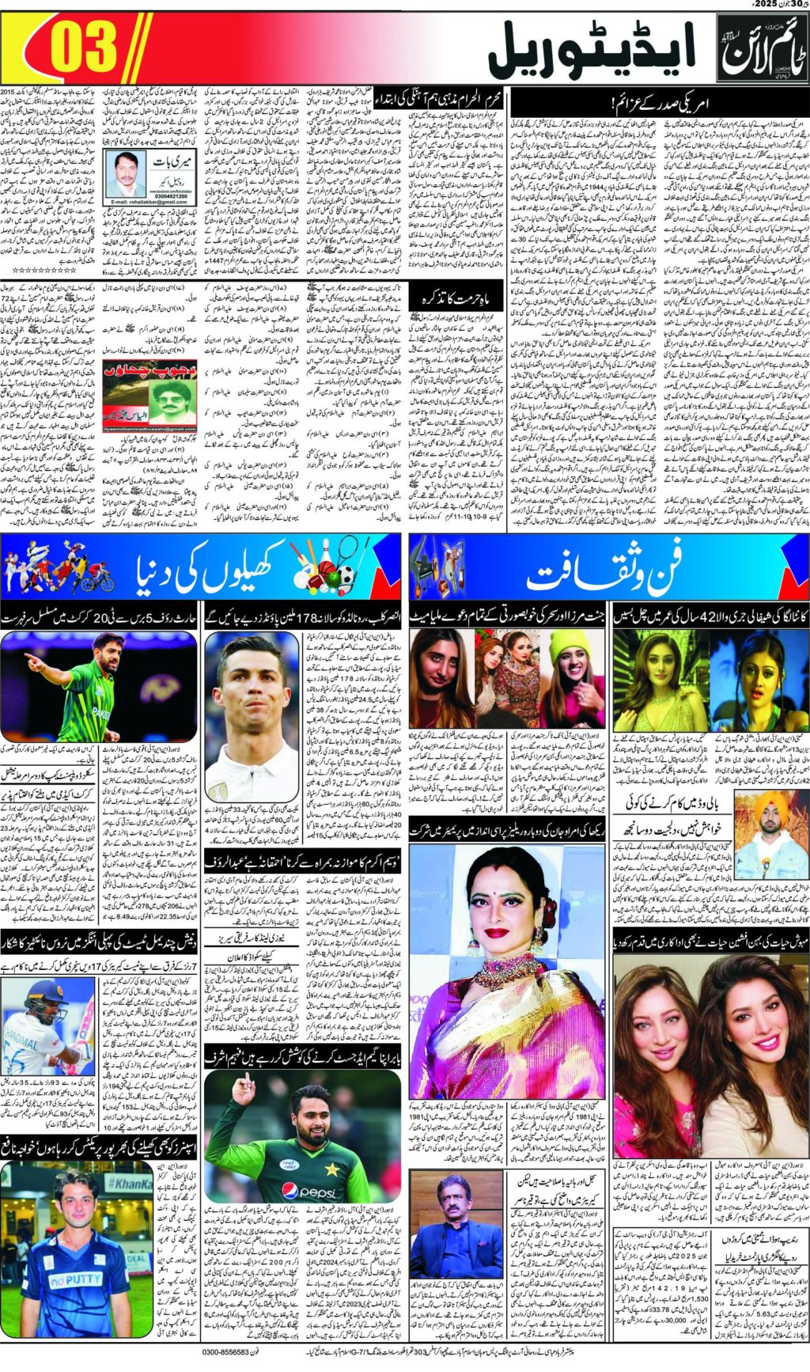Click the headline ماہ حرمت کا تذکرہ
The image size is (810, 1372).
[x=457, y=298]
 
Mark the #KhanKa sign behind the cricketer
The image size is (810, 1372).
[x=130, y=1184]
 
